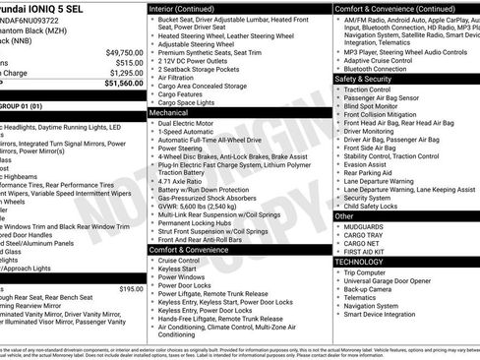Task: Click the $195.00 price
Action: click(130, 288)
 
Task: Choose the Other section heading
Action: click(345, 214)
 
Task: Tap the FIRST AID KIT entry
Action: click(365, 252)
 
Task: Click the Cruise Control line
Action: click(185, 260)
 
